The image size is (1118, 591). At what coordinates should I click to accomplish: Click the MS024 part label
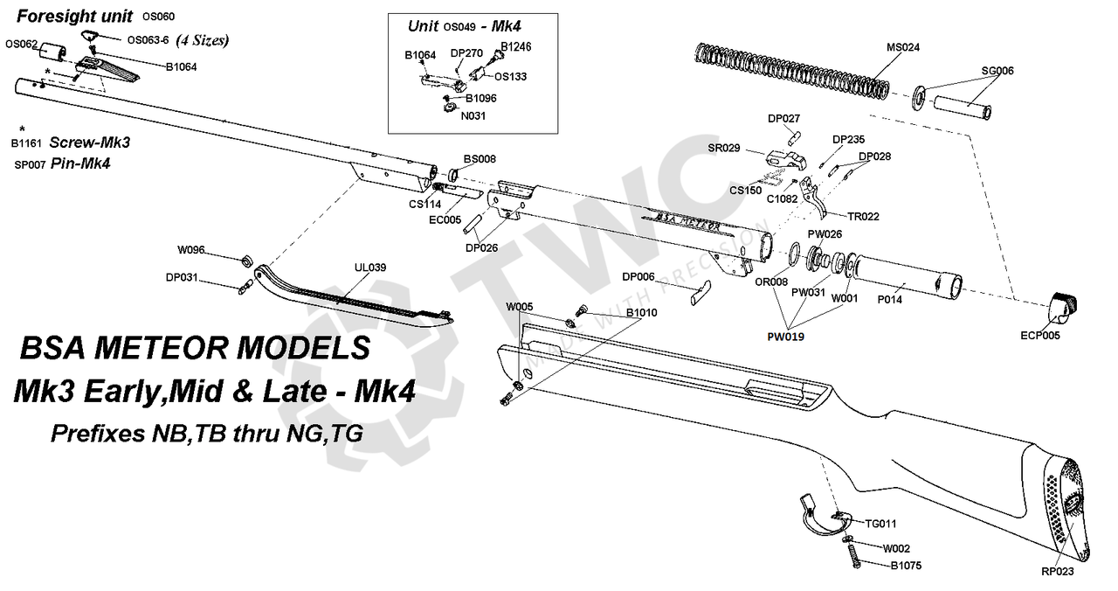(x=903, y=47)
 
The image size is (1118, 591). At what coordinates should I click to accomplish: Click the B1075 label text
(x=906, y=566)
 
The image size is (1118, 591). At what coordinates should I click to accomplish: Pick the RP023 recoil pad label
(x=1057, y=572)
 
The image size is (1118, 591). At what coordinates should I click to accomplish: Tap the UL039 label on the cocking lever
(x=369, y=268)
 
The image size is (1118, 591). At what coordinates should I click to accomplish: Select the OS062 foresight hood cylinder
(x=52, y=52)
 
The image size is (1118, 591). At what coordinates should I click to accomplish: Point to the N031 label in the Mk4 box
(x=473, y=116)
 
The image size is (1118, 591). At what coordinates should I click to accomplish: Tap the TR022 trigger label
(x=863, y=216)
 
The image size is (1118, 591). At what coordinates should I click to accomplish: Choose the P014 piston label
(x=889, y=300)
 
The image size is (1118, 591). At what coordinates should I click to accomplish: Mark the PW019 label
(x=785, y=337)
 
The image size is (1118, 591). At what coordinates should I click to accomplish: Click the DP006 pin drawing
(x=700, y=292)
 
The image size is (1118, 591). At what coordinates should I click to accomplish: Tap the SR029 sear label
(x=724, y=149)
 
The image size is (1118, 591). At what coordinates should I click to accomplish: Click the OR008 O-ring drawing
(x=795, y=254)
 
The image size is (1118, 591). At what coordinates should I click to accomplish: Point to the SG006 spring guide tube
(x=963, y=108)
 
